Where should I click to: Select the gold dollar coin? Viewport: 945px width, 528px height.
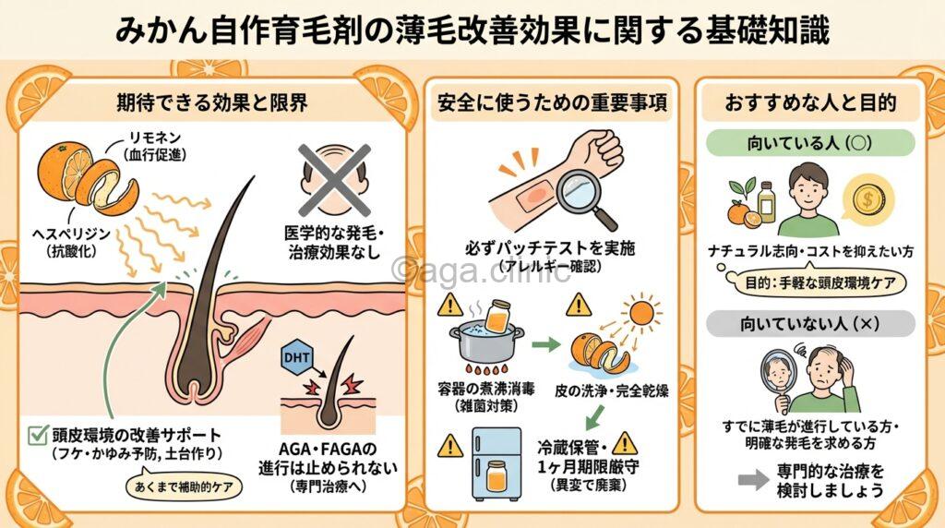click(867, 198)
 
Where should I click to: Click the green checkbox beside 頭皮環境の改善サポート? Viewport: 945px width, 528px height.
click(38, 432)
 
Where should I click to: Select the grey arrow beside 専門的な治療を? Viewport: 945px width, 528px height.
click(754, 480)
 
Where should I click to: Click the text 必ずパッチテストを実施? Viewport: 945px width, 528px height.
click(552, 248)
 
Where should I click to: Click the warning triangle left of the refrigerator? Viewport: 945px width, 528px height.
click(451, 444)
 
